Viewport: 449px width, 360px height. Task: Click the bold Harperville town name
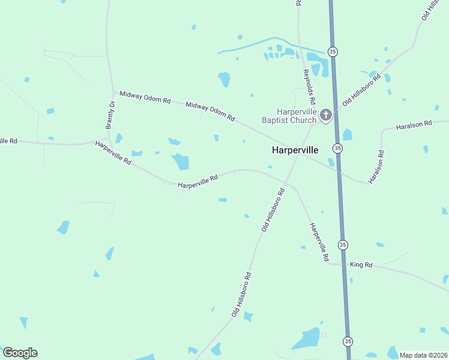pyautogui.click(x=295, y=150)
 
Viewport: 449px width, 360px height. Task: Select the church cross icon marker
pyautogui.click(x=326, y=114)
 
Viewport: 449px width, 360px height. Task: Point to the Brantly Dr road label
pyautogui.click(x=110, y=115)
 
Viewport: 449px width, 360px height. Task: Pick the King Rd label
pyautogui.click(x=361, y=265)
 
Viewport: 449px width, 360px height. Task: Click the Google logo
pyautogui.click(x=20, y=353)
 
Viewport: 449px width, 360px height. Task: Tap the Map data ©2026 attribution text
pyautogui.click(x=423, y=355)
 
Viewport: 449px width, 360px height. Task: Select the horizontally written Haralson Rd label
pyautogui.click(x=414, y=125)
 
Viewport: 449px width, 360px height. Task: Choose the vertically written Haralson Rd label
pyautogui.click(x=376, y=167)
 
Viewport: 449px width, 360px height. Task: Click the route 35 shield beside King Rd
pyautogui.click(x=342, y=245)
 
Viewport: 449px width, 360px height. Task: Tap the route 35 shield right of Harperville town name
pyautogui.click(x=338, y=148)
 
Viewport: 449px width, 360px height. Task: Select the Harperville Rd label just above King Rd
pyautogui.click(x=319, y=242)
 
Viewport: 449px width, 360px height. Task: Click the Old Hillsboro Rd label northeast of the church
pyautogui.click(x=361, y=90)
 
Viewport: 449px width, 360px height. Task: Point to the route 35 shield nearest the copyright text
pyautogui.click(x=348, y=341)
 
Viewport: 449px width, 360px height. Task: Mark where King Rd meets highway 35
pyautogui.click(x=345, y=264)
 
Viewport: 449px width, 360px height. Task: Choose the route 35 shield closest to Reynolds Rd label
pyautogui.click(x=331, y=50)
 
